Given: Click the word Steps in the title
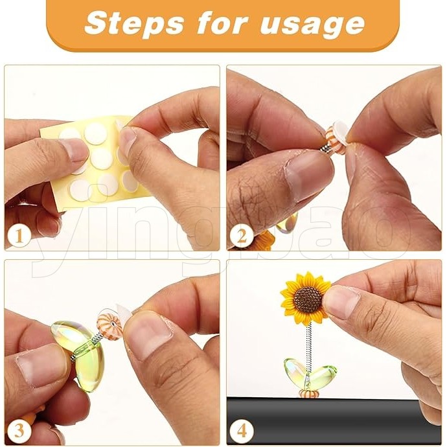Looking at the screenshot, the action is tap(134, 23).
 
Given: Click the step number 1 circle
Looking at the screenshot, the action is tap(19, 236).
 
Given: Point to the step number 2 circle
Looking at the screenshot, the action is tap(242, 236).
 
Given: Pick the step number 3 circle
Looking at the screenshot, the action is tap(19, 431).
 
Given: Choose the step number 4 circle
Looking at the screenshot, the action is tap(242, 431).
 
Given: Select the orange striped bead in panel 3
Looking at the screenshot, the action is tap(107, 323).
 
